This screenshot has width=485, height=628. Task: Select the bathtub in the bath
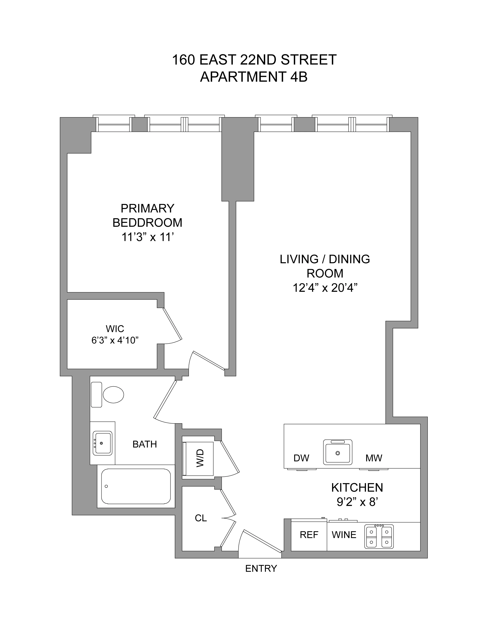point(136,486)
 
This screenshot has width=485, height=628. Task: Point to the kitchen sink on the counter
point(338,452)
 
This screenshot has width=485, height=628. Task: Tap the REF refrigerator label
point(309,535)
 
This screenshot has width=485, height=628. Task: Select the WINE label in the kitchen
point(344,535)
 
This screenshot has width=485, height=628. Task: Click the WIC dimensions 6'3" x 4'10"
point(115,340)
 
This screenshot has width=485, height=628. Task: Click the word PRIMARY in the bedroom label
point(147,208)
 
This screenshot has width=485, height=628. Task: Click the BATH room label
point(145,444)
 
